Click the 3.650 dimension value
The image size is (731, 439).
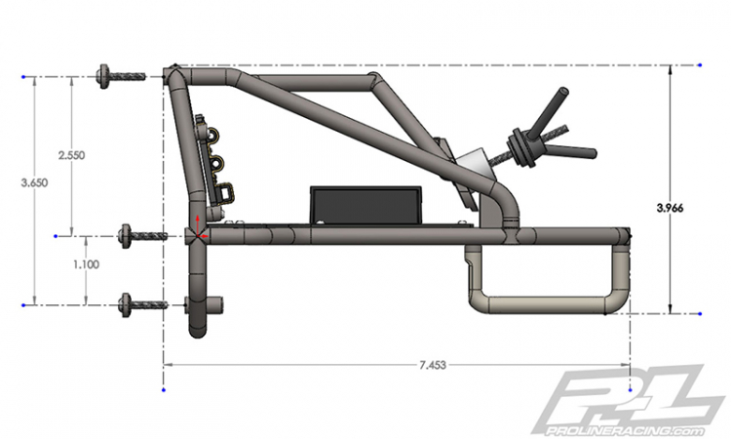34,182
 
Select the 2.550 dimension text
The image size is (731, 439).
71,155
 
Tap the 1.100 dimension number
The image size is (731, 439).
86,264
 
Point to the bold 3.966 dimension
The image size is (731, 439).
670,208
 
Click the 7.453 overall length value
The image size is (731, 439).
433,365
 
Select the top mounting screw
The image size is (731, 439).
121,75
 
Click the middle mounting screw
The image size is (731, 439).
144,236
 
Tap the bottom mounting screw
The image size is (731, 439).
143,305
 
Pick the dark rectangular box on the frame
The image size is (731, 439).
365,205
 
